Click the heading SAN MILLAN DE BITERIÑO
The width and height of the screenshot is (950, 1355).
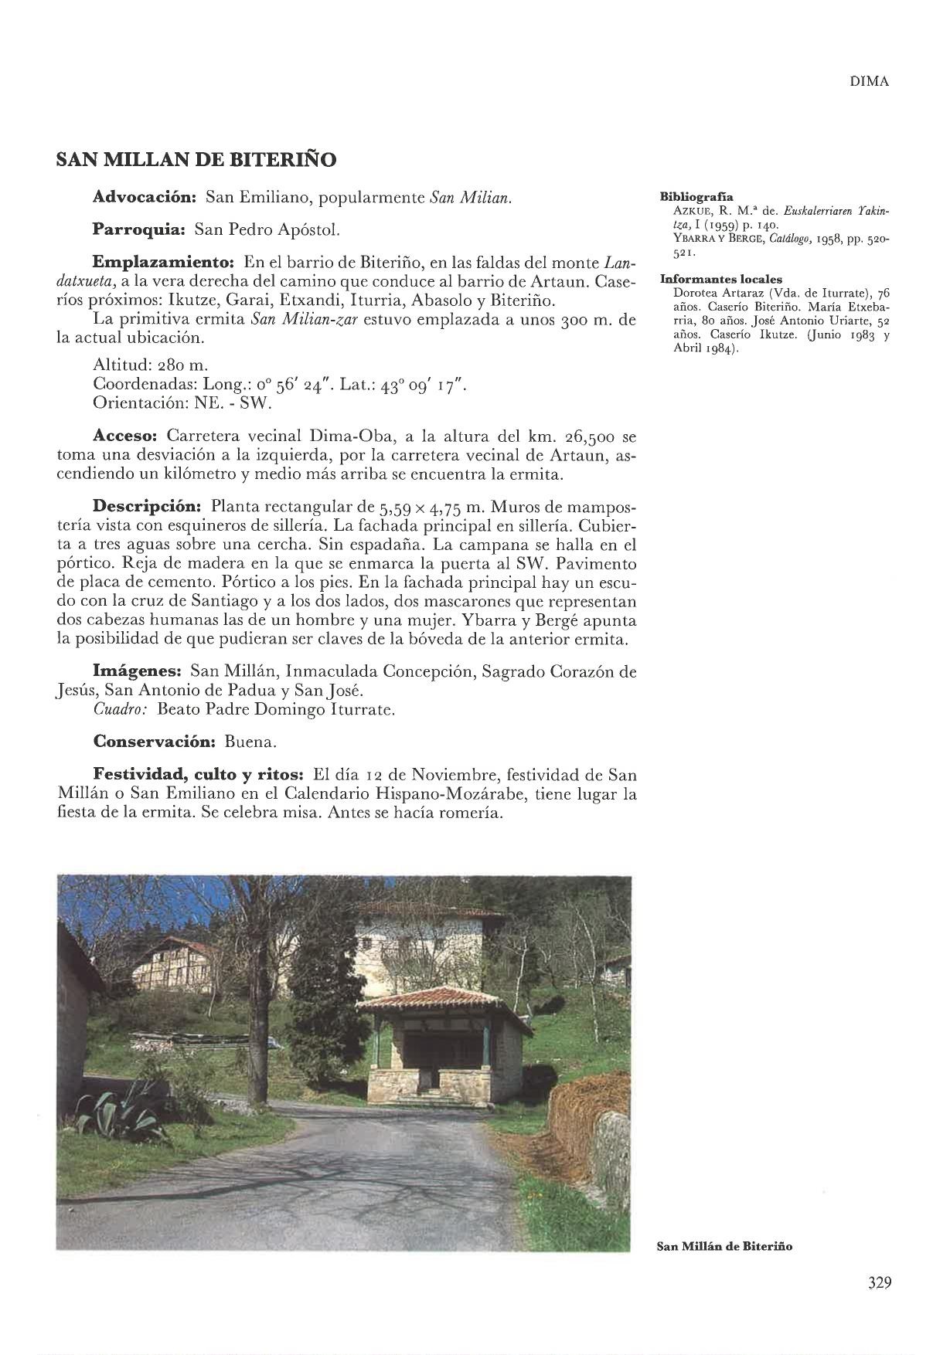coord(196,161)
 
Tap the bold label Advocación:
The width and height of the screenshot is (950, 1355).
coord(145,198)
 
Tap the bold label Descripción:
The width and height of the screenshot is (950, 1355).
coord(147,507)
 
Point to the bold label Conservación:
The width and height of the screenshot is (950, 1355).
coord(153,742)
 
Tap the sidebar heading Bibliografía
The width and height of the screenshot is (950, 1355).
coord(696,197)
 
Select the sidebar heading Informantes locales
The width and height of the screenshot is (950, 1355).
coord(720,280)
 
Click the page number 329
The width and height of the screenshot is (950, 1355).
coord(879,1283)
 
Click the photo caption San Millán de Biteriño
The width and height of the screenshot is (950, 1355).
coord(724,1246)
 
